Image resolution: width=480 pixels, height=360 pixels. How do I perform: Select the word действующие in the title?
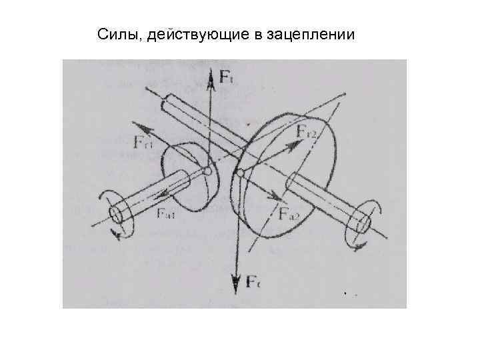coord(187,34)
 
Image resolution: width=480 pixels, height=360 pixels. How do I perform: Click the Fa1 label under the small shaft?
coord(166,214)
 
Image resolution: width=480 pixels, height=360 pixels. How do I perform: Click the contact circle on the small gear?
coord(208,172)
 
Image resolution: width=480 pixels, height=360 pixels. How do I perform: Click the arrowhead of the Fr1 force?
coord(137,125)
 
